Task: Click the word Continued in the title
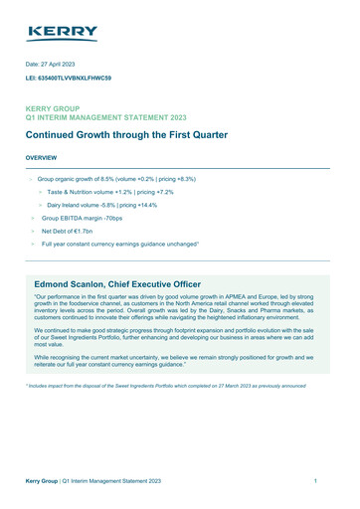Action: point(56,134)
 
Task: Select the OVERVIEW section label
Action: point(41,158)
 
